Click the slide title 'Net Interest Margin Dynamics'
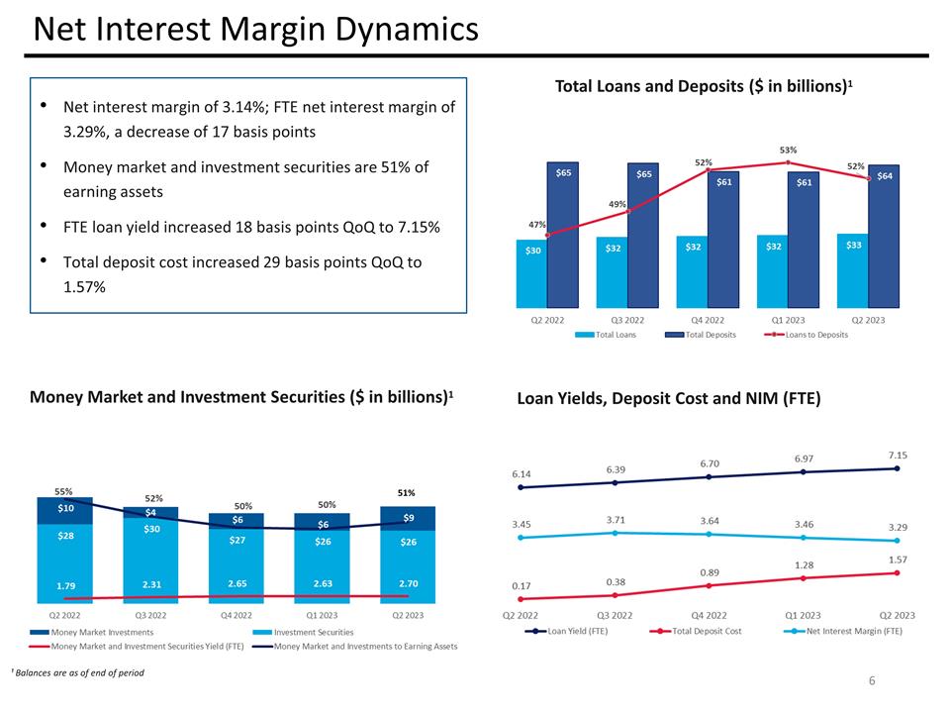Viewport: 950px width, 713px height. tap(255, 30)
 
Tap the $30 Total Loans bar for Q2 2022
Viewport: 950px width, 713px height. tap(532, 272)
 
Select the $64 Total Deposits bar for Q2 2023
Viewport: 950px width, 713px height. tap(884, 238)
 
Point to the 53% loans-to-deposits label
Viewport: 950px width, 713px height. tap(788, 151)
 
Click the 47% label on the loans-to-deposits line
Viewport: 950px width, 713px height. tap(536, 225)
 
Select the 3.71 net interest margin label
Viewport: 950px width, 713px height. tap(616, 519)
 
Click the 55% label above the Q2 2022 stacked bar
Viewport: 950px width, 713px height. tap(63, 490)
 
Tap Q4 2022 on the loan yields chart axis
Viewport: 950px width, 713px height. tap(709, 614)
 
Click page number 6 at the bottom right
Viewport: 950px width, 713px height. tap(872, 680)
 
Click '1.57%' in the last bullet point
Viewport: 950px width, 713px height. tap(84, 286)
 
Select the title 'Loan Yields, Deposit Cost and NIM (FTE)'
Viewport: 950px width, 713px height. tap(668, 399)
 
